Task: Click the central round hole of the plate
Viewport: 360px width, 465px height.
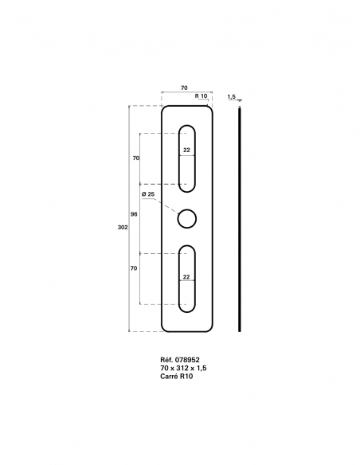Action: point(187,217)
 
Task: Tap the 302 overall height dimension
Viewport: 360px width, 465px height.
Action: point(122,228)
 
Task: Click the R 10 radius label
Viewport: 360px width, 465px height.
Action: point(201,96)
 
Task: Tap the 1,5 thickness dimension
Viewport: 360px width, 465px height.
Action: point(231,96)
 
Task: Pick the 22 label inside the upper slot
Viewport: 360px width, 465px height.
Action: point(186,150)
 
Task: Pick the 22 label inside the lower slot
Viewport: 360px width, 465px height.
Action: point(186,277)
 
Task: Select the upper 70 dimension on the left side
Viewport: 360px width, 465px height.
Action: point(136,158)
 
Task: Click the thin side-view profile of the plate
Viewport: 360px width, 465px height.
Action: point(240,218)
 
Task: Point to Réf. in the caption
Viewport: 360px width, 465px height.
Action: point(166,360)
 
